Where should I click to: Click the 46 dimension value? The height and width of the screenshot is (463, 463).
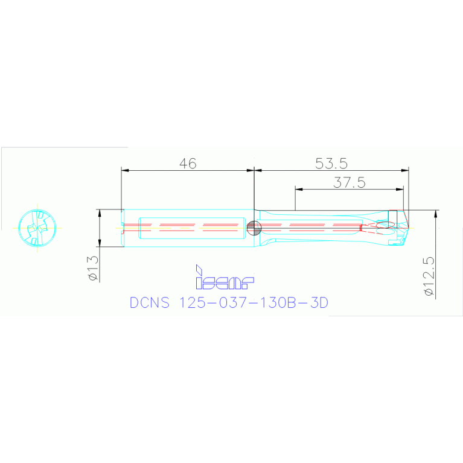coord(188,164)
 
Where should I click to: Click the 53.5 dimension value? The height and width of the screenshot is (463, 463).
coord(331,164)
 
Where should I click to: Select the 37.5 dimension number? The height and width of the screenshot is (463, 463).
coord(350,182)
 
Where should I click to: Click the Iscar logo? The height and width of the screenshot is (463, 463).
coord(225,277)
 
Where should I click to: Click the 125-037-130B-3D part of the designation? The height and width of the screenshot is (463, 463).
coord(254,302)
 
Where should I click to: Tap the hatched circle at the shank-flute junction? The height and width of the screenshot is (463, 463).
coord(254,228)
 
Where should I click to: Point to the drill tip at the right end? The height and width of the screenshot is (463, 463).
coord(406,228)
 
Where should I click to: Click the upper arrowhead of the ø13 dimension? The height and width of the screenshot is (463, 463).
coord(100,212)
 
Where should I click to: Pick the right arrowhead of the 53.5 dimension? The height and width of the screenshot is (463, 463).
coord(406,170)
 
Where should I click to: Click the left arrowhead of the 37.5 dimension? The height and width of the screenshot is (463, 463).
coord(298,189)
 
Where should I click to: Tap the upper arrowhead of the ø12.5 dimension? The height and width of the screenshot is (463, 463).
coord(435,213)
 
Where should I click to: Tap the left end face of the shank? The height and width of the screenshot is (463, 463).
coord(123,228)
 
